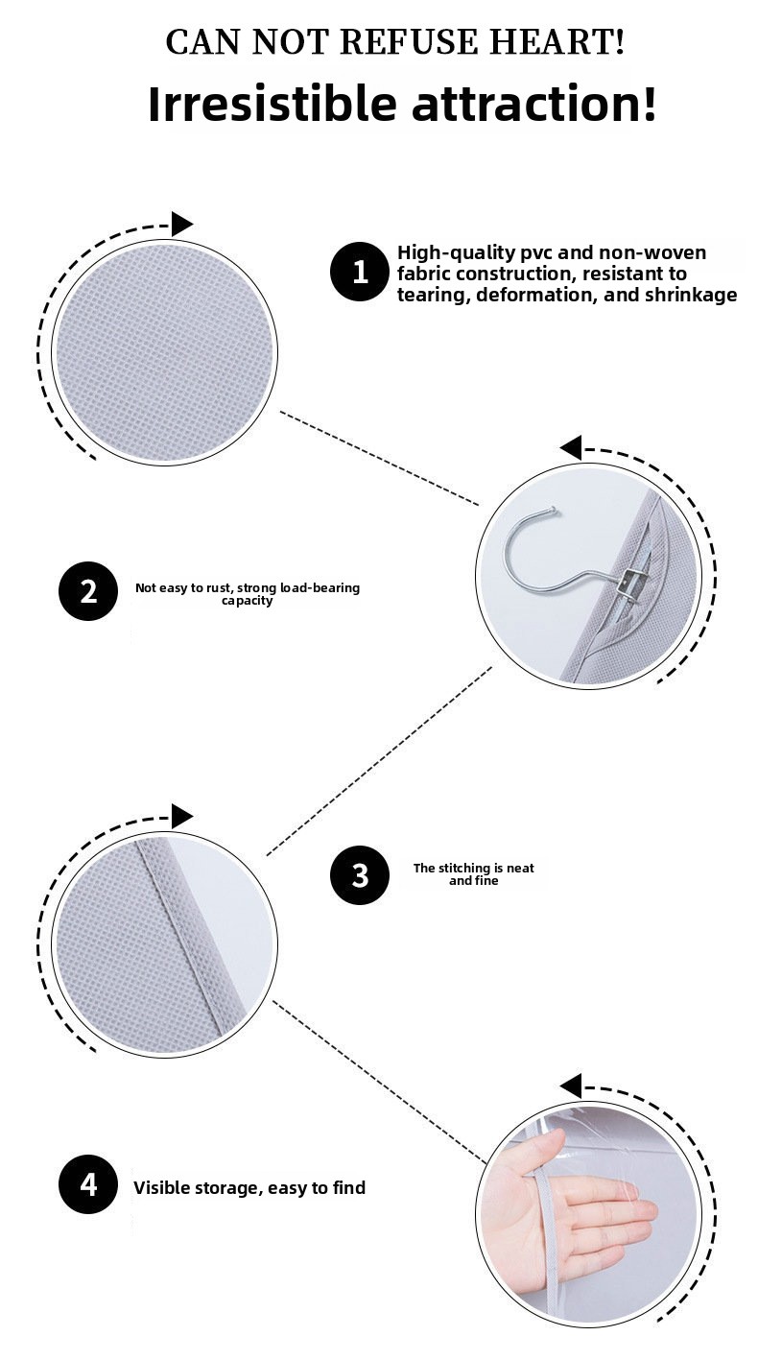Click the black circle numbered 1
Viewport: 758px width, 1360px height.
pyautogui.click(x=360, y=272)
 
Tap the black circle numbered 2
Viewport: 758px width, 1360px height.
pyautogui.click(x=88, y=591)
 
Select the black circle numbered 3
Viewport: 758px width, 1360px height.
pyautogui.click(x=360, y=875)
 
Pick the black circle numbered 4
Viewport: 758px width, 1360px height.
pyautogui.click(x=88, y=1184)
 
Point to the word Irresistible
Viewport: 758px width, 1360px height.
pyautogui.click(x=272, y=104)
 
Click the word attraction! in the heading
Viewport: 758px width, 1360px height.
pyautogui.click(x=534, y=104)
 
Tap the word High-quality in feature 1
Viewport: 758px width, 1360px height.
pyautogui.click(x=455, y=253)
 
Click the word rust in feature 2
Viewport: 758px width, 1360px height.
pyautogui.click(x=217, y=587)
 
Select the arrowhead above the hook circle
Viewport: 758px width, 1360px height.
pyautogui.click(x=571, y=448)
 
